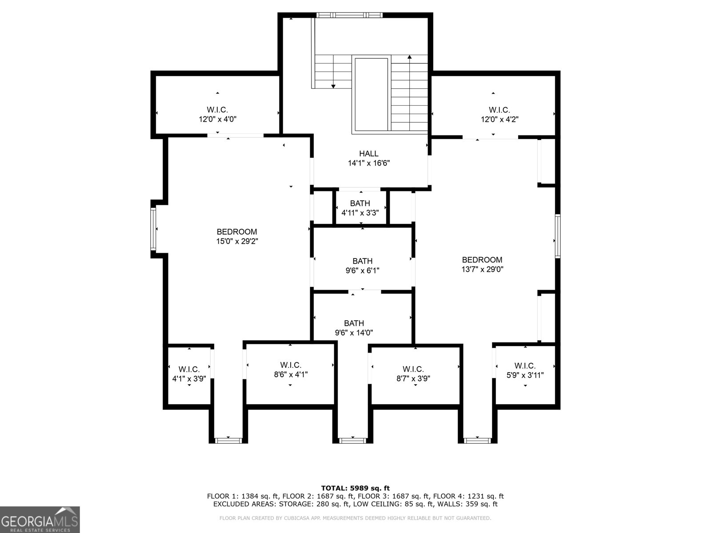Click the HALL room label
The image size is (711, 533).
point(369,154)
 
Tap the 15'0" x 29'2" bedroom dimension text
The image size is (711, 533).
point(237,241)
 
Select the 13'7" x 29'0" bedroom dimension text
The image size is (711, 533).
point(482,269)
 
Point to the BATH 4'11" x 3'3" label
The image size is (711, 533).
point(360,208)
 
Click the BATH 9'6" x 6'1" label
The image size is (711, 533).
point(363,266)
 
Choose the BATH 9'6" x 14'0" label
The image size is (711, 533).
point(354,328)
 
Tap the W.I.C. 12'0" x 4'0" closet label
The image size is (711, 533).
point(217,114)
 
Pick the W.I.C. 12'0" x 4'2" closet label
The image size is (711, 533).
point(499,114)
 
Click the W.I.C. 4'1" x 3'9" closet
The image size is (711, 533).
point(189,374)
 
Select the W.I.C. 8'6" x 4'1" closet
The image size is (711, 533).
point(291,370)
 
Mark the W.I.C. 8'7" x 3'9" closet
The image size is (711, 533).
point(413,374)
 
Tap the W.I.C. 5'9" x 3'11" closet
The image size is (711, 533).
point(525,370)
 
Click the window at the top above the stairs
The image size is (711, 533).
point(349,15)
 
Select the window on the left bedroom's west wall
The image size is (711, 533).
point(153,229)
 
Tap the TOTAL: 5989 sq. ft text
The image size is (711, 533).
point(355,488)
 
